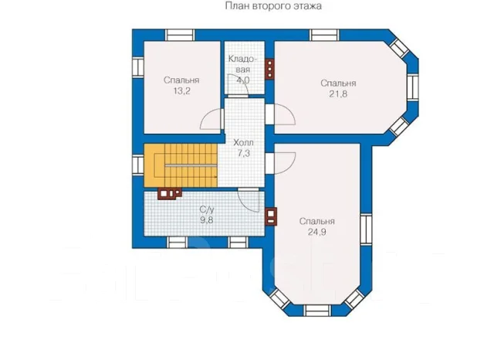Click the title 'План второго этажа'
(273, 6)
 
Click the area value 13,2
(181, 91)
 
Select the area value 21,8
(338, 94)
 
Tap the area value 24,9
(317, 232)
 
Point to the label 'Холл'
(243, 143)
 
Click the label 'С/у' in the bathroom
(207, 209)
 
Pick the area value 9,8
(207, 219)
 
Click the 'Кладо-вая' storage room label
(242, 64)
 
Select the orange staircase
(181, 165)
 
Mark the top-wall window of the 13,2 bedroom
(180, 35)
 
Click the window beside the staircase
(138, 165)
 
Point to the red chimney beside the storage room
(269, 69)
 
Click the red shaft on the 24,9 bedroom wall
(271, 216)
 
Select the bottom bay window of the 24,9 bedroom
(317, 311)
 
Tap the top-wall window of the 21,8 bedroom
(324, 35)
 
